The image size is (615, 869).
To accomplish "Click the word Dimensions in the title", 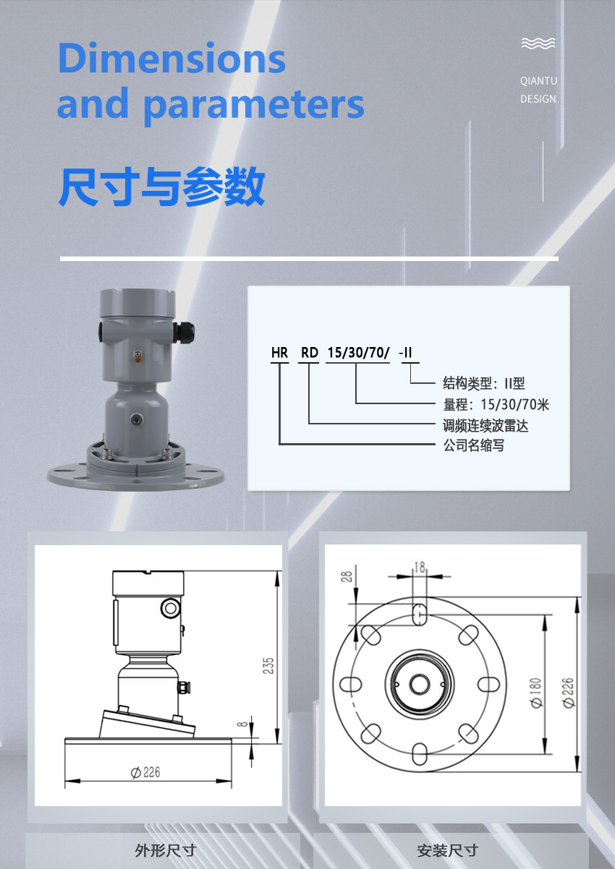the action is tap(171, 58).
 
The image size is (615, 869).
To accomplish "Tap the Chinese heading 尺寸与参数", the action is tap(161, 187).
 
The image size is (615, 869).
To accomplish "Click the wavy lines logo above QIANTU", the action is tap(538, 43).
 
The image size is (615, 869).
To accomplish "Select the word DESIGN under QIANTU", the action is tap(538, 99).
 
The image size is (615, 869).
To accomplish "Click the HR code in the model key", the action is tap(279, 353).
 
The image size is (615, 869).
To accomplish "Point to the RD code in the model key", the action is tap(310, 353).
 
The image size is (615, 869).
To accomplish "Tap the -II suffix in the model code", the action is tap(405, 353).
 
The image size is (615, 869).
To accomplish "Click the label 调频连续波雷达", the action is tap(485, 426).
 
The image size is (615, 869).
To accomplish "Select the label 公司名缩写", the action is tap(474, 445).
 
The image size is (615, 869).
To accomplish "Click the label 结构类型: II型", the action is tap(484, 383).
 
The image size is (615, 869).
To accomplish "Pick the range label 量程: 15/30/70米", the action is tap(496, 405).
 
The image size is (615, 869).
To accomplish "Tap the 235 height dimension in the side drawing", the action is tap(268, 666).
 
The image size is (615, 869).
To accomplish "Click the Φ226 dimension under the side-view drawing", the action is tap(145, 772).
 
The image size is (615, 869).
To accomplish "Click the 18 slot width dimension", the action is tap(420, 568).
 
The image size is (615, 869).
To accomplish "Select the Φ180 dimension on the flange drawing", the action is tap(536, 693).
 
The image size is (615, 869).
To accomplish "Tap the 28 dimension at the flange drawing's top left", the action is tap(347, 576).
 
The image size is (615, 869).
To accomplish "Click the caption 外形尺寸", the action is tap(166, 851).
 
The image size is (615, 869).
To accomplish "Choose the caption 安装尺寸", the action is tap(448, 851).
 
